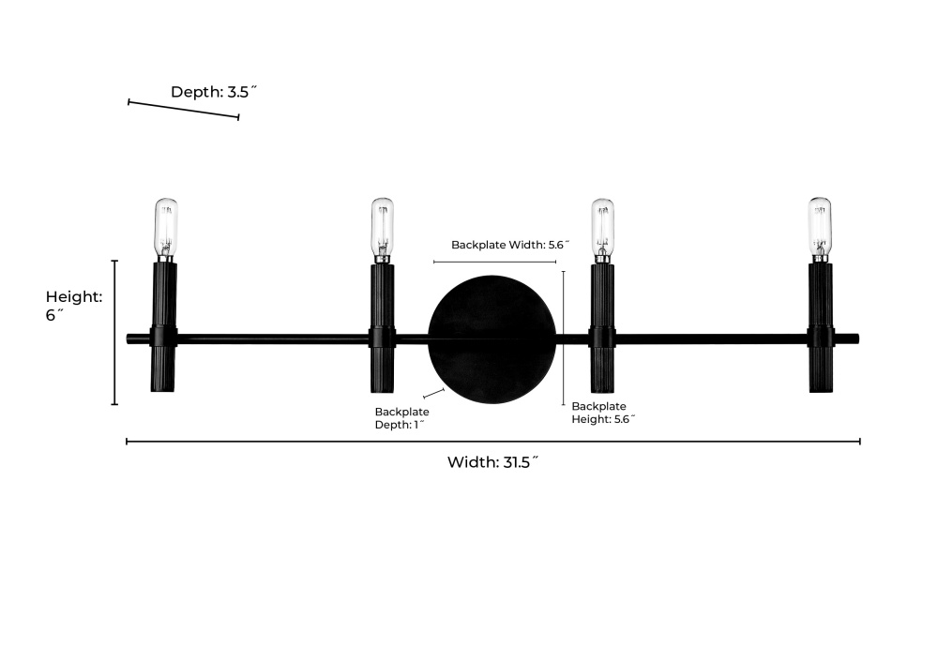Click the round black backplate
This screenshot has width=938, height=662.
[492, 339]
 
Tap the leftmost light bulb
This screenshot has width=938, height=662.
[166, 230]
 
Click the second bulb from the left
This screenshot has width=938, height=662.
[383, 231]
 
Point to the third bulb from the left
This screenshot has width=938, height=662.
[602, 231]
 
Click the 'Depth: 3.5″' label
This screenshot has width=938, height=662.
[214, 92]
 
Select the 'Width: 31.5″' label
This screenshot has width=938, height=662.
[493, 461]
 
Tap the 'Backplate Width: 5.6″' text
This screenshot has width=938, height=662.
[510, 245]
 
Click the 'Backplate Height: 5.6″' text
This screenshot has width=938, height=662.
[603, 413]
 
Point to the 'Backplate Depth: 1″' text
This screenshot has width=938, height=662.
[402, 418]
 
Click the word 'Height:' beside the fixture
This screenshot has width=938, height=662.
[74, 296]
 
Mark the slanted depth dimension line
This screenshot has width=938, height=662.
[184, 110]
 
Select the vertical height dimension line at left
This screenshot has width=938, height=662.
[114, 333]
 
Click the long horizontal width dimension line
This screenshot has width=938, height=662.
[493, 442]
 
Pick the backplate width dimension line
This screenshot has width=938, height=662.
[494, 262]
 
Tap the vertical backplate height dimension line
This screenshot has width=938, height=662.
[564, 339]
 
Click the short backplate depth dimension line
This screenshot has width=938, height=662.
[433, 393]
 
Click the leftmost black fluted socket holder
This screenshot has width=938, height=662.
[163, 327]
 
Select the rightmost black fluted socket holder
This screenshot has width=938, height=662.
[821, 327]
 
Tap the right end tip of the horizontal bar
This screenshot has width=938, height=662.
[858, 339]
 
